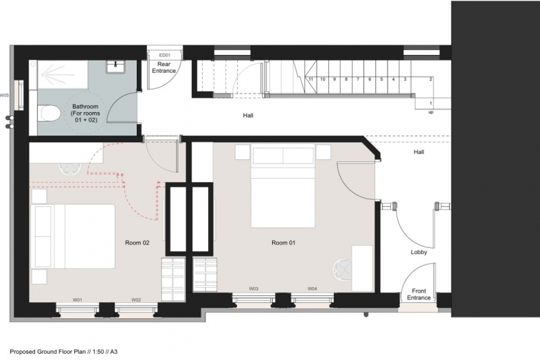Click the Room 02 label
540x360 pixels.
[x=137, y=243]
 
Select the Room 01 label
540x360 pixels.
[x=284, y=243]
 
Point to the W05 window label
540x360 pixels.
[x=5, y=95]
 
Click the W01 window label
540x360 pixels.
[x=78, y=300]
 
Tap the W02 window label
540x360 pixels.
[x=136, y=300]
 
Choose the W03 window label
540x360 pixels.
[x=254, y=289]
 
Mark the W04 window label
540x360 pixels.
[x=313, y=289]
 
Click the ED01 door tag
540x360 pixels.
[x=165, y=55]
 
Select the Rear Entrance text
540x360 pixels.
[x=164, y=67]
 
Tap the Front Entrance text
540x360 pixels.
[x=419, y=294]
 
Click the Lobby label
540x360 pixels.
[x=419, y=252]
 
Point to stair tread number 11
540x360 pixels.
[x=311, y=79]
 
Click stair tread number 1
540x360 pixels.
[x=431, y=103]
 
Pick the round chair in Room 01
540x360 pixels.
[x=342, y=269]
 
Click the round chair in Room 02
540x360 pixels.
[x=70, y=168]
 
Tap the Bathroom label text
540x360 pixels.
[x=85, y=113]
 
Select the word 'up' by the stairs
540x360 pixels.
[x=431, y=112]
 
